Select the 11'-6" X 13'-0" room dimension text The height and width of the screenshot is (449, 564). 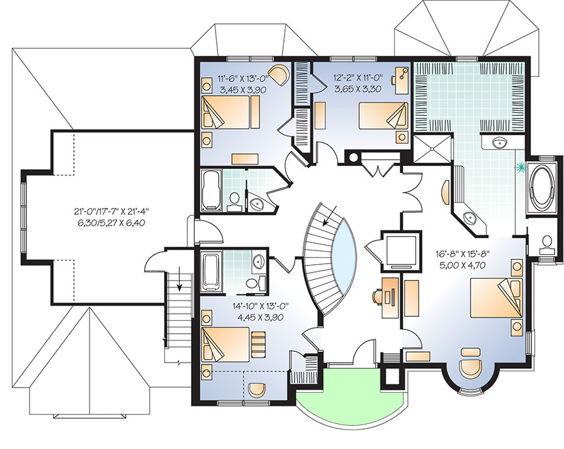pyautogui.click(x=241, y=84)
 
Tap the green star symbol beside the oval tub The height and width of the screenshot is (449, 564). pyautogui.click(x=518, y=167)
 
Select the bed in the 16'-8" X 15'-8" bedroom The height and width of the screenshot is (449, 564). pyautogui.click(x=494, y=300)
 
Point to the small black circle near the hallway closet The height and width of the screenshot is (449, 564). pyautogui.click(x=352, y=157)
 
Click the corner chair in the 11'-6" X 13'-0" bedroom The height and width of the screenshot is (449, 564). pyautogui.click(x=277, y=74)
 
